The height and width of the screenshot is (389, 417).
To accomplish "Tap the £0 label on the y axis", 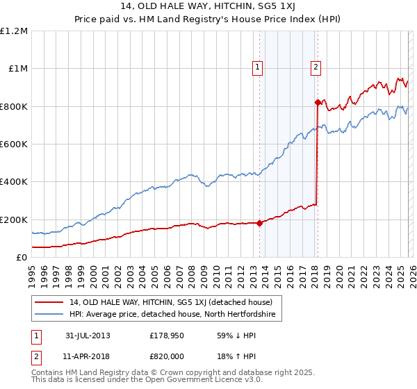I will coord(22,258).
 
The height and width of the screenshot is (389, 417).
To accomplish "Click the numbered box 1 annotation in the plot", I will coord(257,67).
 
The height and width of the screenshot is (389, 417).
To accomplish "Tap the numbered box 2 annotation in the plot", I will coord(316,67).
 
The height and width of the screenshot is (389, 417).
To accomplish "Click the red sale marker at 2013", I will coord(259,224).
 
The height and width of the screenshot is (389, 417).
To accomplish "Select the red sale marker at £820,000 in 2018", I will coord(317,103).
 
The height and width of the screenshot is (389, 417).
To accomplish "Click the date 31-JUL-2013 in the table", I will coord(88,336).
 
